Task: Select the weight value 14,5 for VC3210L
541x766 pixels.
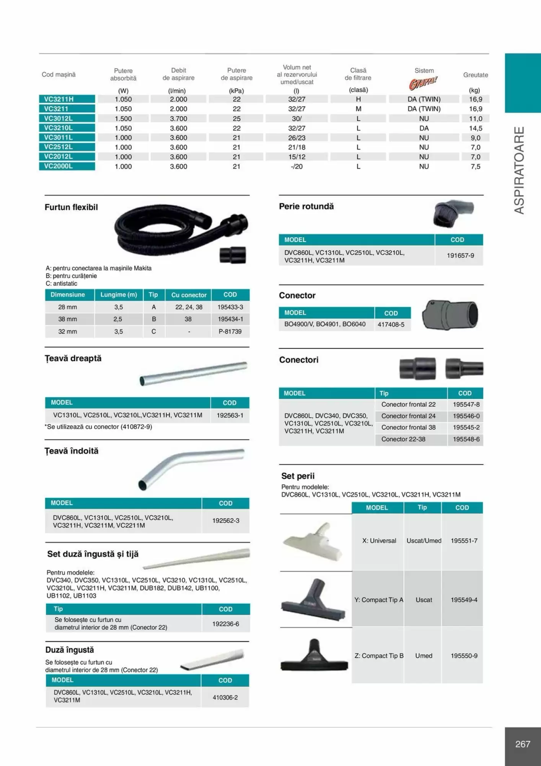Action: click(x=476, y=128)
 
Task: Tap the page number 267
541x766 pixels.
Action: click(x=522, y=744)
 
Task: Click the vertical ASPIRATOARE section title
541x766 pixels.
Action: click(x=519, y=170)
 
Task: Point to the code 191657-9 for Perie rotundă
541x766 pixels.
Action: click(x=460, y=255)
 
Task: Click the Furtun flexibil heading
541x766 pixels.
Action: click(x=71, y=207)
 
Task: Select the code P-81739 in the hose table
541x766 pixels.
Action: click(x=230, y=331)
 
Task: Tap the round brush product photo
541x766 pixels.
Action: click(x=452, y=213)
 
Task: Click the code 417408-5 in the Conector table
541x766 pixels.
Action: click(x=391, y=324)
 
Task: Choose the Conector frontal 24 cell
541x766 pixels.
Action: click(x=408, y=416)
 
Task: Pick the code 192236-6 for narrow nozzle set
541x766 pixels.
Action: click(x=225, y=624)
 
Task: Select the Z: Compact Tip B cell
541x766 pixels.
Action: click(x=379, y=656)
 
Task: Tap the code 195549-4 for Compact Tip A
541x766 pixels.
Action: click(x=464, y=600)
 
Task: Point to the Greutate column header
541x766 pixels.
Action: click(x=475, y=75)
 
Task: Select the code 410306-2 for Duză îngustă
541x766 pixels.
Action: click(x=225, y=697)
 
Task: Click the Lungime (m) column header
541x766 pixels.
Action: click(x=119, y=295)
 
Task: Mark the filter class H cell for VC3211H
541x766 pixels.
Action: click(x=358, y=99)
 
